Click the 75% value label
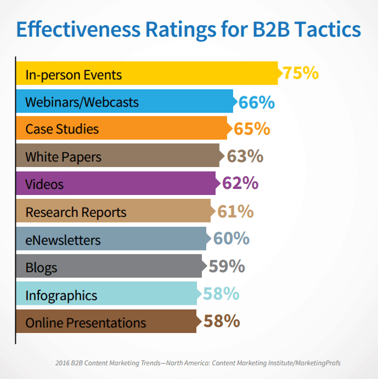pos(301,73)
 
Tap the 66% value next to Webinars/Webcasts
pos(257,103)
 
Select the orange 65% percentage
pos(252,129)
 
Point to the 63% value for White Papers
pos(245,156)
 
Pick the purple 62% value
pos(240,183)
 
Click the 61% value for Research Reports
pos(235,211)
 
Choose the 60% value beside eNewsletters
pos(232,238)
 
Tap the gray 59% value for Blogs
pos(227,266)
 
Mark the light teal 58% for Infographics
pos(221,293)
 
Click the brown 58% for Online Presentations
pos(222,321)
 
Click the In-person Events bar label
pos(74,75)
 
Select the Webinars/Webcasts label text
pos(82,102)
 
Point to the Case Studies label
pos(62,129)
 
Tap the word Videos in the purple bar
pos(44,184)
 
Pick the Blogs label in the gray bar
pos(41,268)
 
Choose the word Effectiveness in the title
pos(78,29)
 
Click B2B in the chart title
pos(271,29)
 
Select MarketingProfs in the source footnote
pos(318,363)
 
